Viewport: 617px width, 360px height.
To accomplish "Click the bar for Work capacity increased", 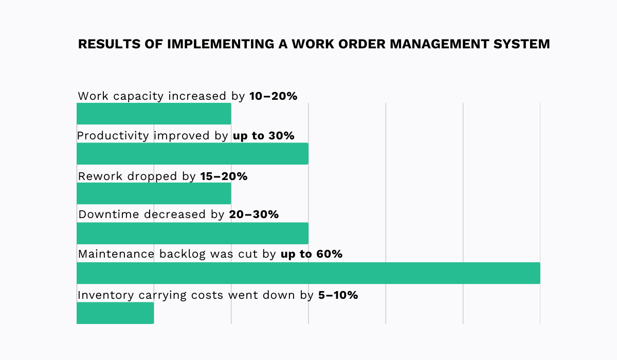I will coord(154,114).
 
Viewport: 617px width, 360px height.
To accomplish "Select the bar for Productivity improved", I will coord(192,154).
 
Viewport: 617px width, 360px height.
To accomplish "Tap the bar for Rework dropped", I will coord(154,194).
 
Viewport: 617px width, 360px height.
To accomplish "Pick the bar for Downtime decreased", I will coord(192,233).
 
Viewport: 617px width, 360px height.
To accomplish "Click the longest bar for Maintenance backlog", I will coord(308,273).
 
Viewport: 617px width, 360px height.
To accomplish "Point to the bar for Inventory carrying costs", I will coord(115,313).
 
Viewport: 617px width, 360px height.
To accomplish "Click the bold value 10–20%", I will coord(273,96).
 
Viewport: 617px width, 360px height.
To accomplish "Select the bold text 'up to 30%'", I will coord(263,136).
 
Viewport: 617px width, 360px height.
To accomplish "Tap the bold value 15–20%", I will coord(223,176).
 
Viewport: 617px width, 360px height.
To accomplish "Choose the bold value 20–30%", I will coord(254,214).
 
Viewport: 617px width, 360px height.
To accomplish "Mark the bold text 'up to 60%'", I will coord(312,254).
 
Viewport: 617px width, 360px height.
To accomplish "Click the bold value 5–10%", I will coord(334,295).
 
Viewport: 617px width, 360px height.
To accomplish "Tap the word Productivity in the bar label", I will coord(113,136).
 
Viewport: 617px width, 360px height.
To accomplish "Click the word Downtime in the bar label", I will coord(108,214).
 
